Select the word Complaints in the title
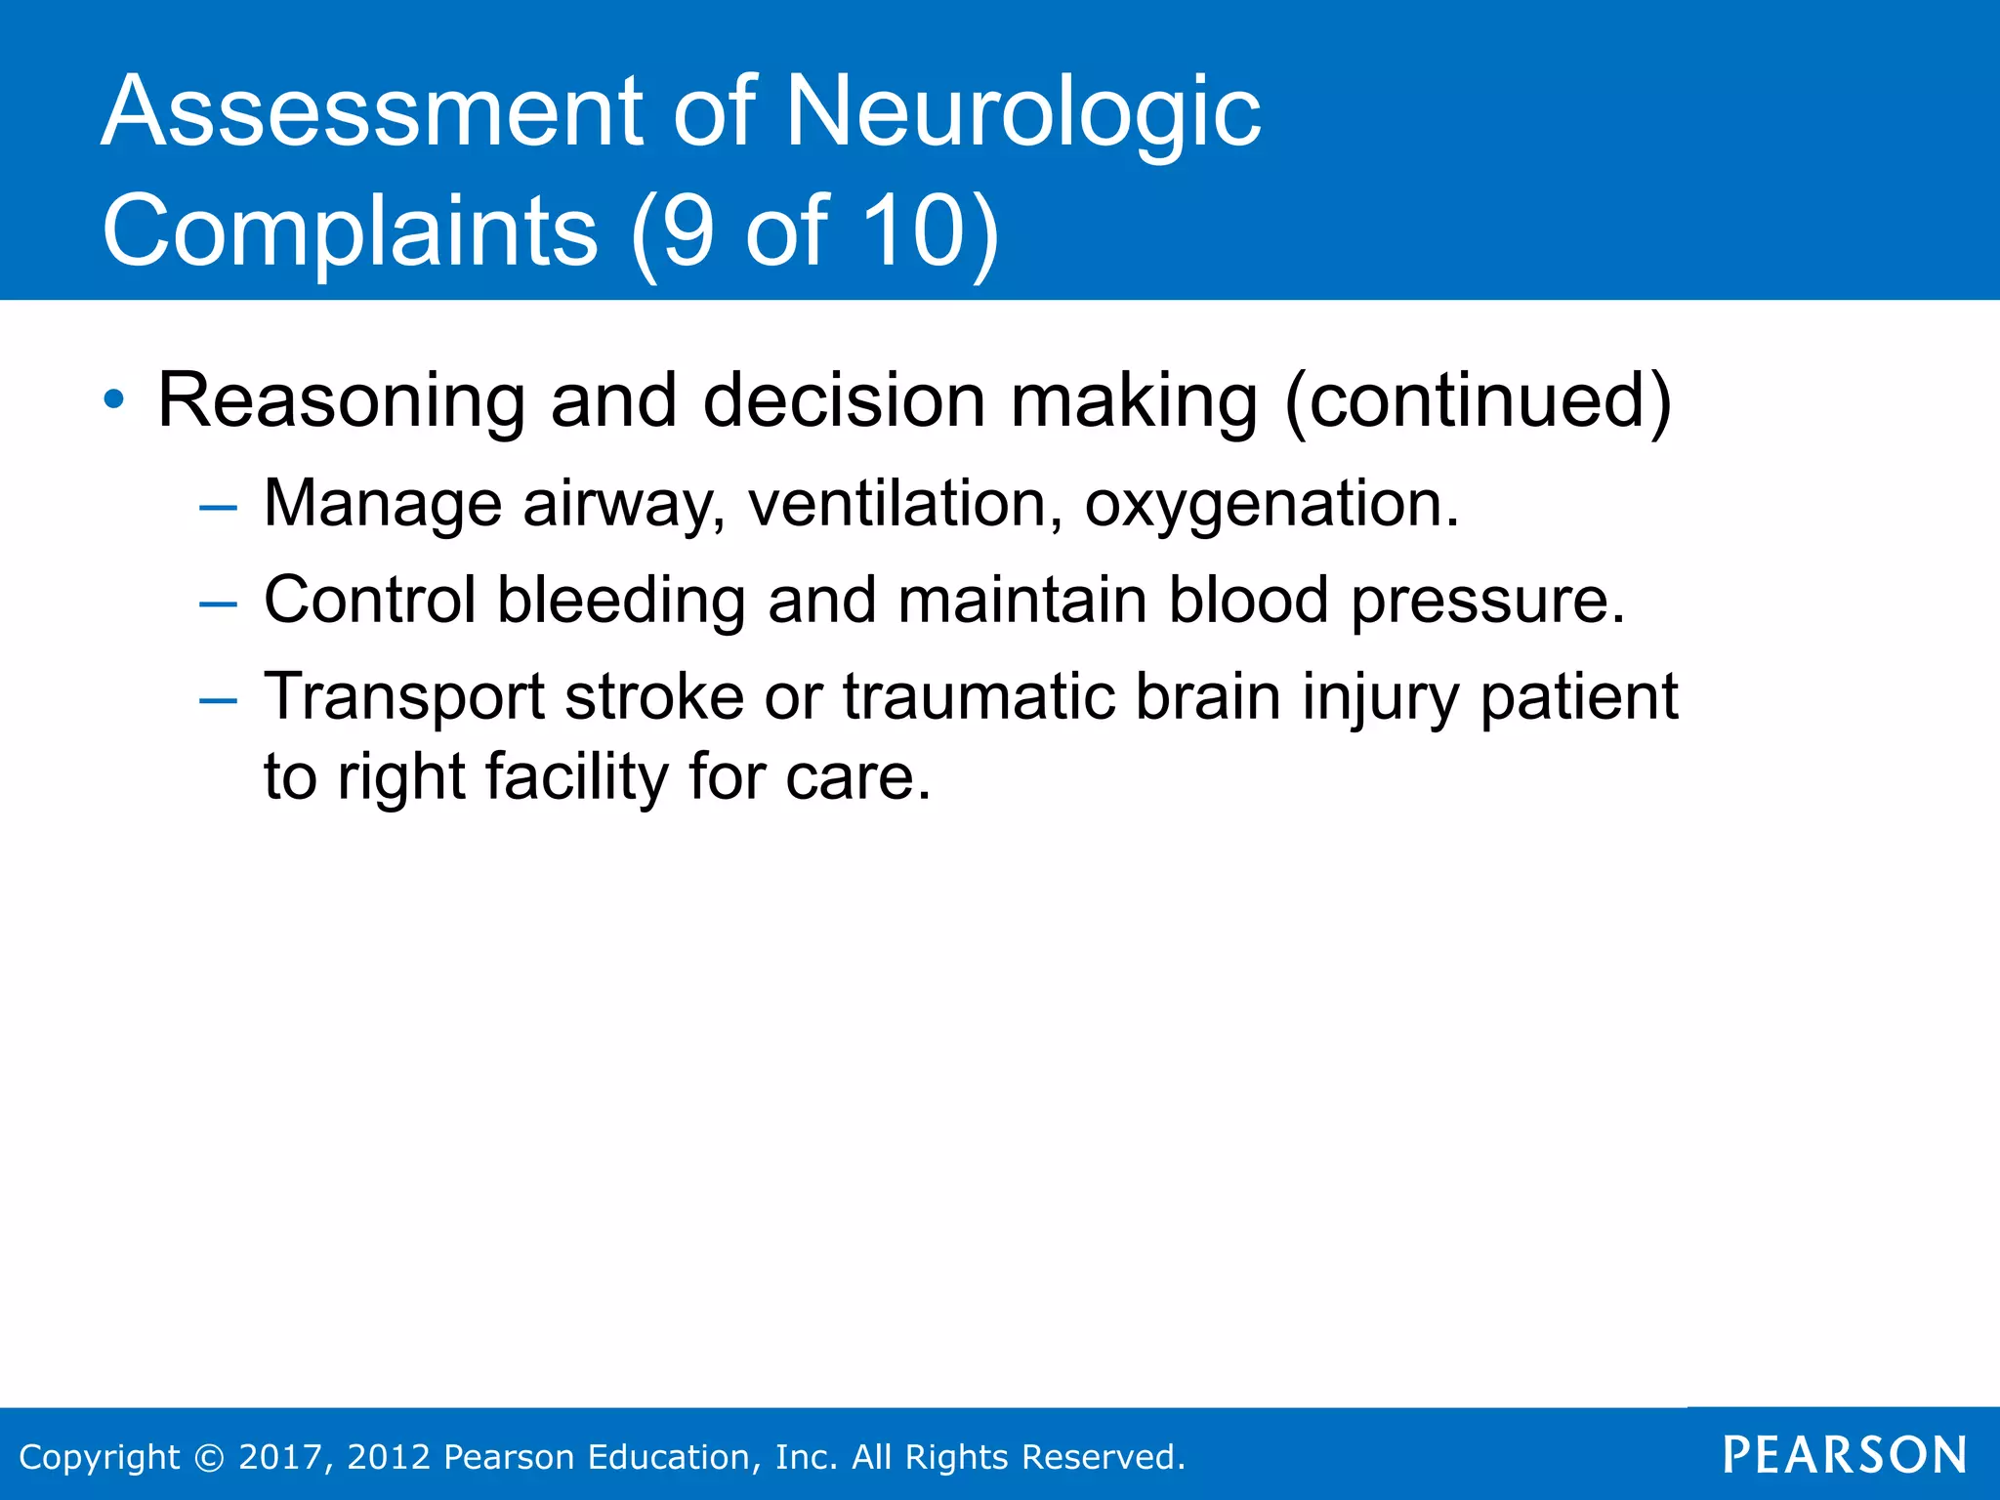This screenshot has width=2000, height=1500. (x=350, y=231)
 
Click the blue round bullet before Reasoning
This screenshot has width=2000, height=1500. (x=114, y=399)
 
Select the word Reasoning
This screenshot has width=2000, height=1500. (x=341, y=400)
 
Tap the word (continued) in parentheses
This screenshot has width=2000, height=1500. (x=1478, y=400)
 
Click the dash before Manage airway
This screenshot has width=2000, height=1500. (x=217, y=508)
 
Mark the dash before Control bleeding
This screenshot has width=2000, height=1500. (x=217, y=604)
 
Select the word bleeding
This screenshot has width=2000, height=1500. (x=622, y=600)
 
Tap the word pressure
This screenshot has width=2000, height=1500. (x=1487, y=602)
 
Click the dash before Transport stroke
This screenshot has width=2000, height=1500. (x=217, y=700)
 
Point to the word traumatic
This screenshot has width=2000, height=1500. (x=979, y=697)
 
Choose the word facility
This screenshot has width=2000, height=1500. (x=576, y=777)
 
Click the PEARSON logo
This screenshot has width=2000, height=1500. (x=1844, y=1455)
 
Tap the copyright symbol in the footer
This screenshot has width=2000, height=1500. (x=209, y=1457)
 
